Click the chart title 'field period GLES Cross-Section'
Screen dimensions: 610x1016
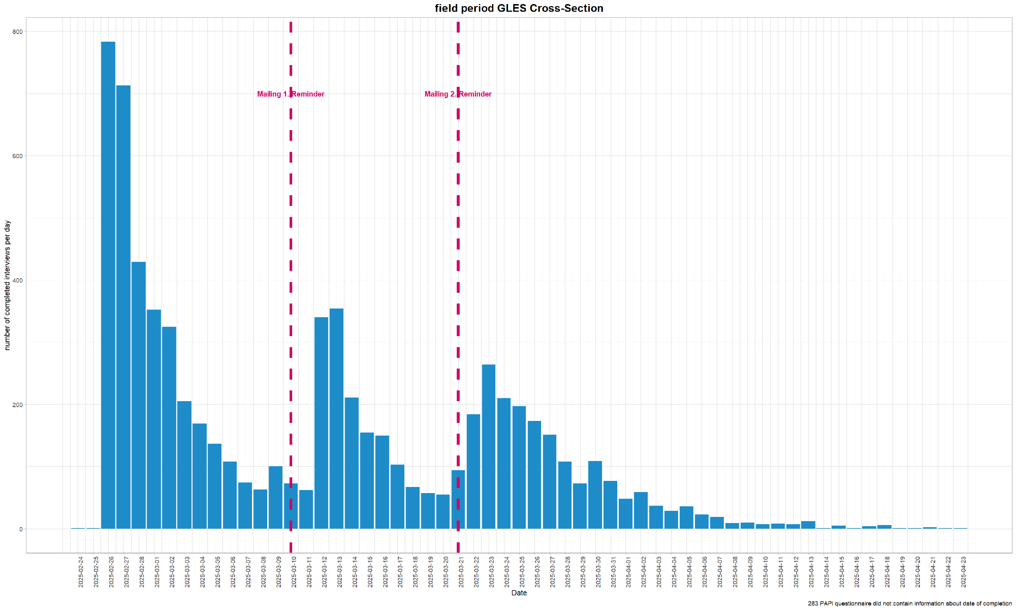pyautogui.click(x=519, y=8)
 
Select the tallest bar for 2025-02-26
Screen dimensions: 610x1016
pyautogui.click(x=108, y=285)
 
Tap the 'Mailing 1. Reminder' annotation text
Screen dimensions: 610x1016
pyautogui.click(x=291, y=94)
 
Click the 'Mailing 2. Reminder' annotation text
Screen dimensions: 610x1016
pyautogui.click(x=458, y=94)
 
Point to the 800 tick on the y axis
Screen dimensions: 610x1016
pyautogui.click(x=18, y=32)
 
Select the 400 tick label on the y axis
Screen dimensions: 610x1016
pyautogui.click(x=18, y=280)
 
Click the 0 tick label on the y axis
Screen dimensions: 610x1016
pyautogui.click(x=21, y=529)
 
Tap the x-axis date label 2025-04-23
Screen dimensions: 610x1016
pyautogui.click(x=964, y=572)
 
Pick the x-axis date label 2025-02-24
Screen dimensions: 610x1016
pyautogui.click(x=81, y=572)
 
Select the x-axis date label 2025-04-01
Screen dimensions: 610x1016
pyautogui.click(x=629, y=572)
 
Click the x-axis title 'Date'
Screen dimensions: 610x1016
pyautogui.click(x=519, y=593)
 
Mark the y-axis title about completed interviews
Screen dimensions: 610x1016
pyautogui.click(x=8, y=285)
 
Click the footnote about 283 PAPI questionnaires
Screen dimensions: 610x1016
pyautogui.click(x=909, y=604)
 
